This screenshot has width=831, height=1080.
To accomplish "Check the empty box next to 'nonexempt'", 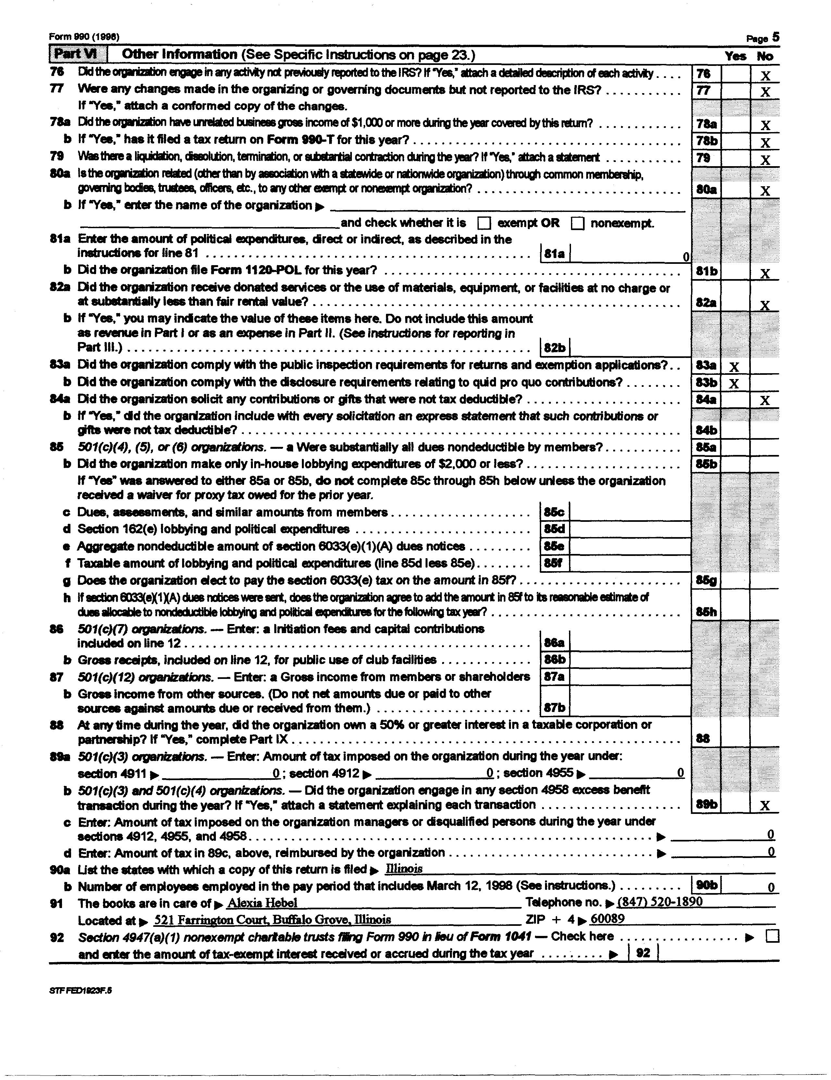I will point(577,224).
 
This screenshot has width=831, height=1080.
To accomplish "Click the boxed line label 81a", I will point(554,254).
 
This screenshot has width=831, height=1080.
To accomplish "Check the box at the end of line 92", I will point(772,936).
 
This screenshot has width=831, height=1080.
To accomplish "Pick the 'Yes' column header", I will point(735,56).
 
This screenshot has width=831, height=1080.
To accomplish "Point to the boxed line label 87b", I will point(554,708).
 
